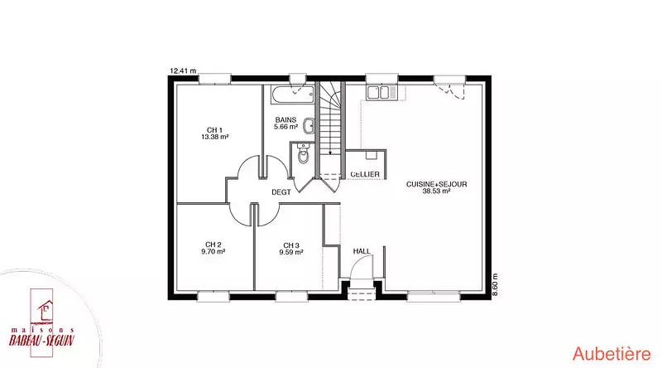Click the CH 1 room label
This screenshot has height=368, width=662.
coord(214,130)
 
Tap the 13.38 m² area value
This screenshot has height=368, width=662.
coord(215,137)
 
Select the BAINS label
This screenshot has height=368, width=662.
coord(285,119)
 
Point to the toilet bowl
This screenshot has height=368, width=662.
coord(303,155)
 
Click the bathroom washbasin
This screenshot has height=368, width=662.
coord(309,125)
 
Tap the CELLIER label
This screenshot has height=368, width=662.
coord(365,174)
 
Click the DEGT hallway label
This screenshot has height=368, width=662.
coord(281,192)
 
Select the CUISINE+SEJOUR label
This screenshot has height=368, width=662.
coord(437,184)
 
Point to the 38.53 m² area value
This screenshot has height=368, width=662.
coord(437,191)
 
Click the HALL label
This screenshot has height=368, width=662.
coord(362,251)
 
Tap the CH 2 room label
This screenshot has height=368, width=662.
coord(213,245)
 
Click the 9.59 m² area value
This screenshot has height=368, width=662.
coord(291,252)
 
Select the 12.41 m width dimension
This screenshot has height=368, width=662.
coord(183,71)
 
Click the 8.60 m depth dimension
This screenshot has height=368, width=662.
coord(495,284)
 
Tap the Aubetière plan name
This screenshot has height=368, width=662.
coord(612,354)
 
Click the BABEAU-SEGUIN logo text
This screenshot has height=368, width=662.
coord(42,340)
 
